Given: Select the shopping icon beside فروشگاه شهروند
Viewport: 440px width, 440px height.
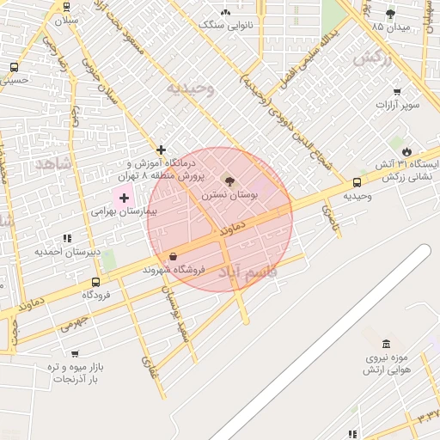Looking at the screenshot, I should click(174, 256).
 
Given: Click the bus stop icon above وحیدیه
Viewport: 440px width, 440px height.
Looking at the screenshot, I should click(357, 182).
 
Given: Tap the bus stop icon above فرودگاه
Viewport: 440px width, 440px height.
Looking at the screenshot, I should click(95, 281).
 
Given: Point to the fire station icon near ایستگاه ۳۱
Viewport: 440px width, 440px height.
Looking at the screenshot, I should click(419, 152).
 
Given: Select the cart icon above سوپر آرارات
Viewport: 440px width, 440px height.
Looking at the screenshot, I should click(397, 92).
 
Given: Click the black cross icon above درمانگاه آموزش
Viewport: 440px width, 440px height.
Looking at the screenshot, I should click(161, 150).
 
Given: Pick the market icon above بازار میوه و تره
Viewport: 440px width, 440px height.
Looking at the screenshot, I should click(76, 353).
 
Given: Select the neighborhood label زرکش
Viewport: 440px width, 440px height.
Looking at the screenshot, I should click(372, 58).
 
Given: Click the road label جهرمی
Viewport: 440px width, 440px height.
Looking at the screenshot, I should click(75, 323).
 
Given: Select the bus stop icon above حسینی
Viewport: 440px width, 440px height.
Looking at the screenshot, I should click(14, 67).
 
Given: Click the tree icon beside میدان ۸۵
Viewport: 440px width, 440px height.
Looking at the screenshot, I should click(390, 14).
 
